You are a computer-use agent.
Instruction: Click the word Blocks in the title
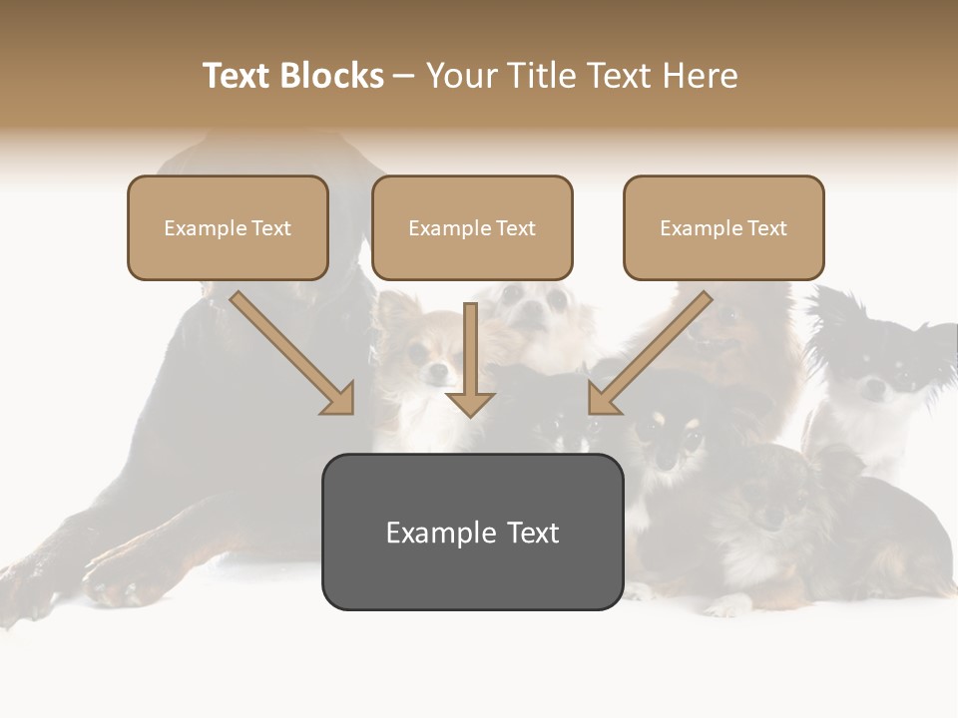[x=329, y=76]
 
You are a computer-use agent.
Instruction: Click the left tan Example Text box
[x=228, y=228]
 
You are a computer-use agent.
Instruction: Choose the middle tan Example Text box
[x=472, y=228]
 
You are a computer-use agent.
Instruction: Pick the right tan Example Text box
[x=723, y=228]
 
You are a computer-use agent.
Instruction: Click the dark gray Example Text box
[x=472, y=532]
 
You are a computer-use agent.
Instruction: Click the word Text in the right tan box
[x=766, y=228]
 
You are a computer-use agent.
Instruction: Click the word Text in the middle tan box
[x=515, y=228]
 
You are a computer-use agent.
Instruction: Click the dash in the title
[x=404, y=76]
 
